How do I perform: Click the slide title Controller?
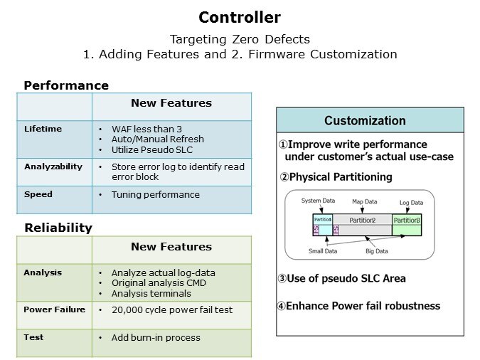coord(240,18)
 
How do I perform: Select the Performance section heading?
coord(66,85)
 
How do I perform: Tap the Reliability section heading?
coord(58,228)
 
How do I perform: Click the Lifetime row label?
coord(43,129)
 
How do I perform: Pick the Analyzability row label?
coord(53,166)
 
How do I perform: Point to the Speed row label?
coord(38,194)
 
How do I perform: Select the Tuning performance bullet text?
coord(155,194)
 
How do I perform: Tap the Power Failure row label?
coord(54,309)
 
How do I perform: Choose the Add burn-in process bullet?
coord(156,337)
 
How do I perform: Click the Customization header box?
coord(370,120)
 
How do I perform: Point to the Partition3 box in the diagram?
coord(407,221)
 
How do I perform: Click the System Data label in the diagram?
coord(318,201)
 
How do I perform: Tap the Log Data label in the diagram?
coord(411,202)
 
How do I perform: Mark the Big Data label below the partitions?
coord(377,250)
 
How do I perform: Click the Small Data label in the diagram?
coord(322,250)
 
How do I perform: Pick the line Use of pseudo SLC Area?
coord(341,278)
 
